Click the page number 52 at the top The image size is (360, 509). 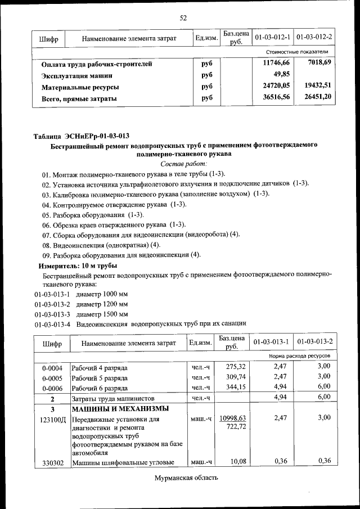(183, 17)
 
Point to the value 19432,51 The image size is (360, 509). (316, 87)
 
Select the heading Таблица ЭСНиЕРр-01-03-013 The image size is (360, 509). (82, 136)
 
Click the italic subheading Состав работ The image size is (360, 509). (183, 164)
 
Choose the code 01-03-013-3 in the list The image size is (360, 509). (52, 314)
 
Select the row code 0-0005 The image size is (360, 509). (52, 377)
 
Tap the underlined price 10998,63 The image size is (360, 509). (232, 419)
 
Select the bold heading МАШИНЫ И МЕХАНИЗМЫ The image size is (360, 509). (120, 409)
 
